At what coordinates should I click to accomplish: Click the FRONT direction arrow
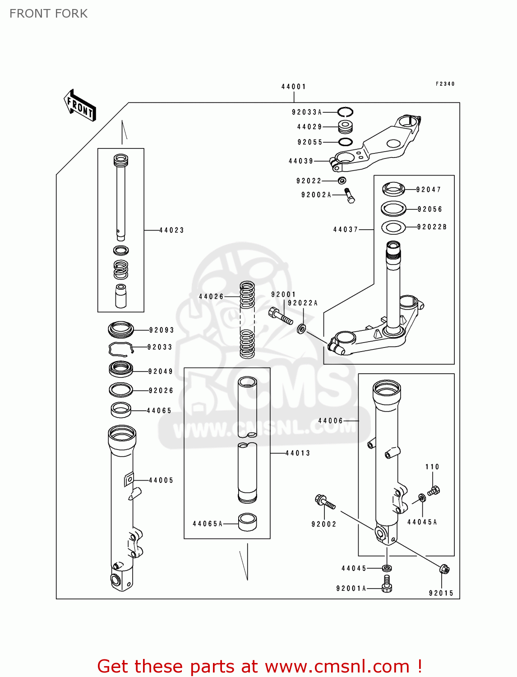(x=80, y=106)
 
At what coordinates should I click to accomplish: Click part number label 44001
(x=294, y=87)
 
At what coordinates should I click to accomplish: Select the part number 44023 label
(x=172, y=230)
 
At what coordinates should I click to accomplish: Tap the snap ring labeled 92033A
(x=346, y=112)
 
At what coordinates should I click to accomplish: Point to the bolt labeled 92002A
(x=350, y=195)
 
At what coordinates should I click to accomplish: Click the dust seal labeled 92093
(x=121, y=329)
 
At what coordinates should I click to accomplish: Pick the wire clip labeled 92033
(x=120, y=348)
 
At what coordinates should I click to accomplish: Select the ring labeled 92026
(x=121, y=390)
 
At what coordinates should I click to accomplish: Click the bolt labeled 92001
(x=281, y=315)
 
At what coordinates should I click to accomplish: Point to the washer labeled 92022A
(x=301, y=329)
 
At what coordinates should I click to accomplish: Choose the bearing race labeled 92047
(x=393, y=189)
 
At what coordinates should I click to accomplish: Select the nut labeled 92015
(x=444, y=569)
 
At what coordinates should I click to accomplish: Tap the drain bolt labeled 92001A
(x=387, y=584)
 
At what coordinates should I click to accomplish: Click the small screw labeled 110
(x=434, y=490)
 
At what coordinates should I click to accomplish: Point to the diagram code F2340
(x=445, y=84)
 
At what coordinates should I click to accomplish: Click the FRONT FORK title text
(x=49, y=14)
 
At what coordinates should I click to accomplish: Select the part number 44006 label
(x=331, y=421)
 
